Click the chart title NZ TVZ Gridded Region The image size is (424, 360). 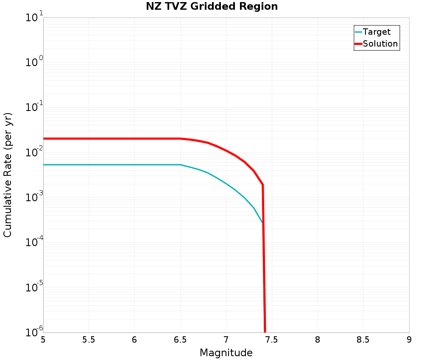click(212, 6)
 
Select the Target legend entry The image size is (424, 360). click(377, 32)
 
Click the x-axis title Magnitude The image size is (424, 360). click(226, 352)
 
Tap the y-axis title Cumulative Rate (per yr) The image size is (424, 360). click(8, 175)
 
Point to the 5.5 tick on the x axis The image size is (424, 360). click(89, 340)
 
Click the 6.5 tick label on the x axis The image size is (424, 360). click(180, 340)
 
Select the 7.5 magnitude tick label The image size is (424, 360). click(272, 340)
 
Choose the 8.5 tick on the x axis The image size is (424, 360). click(363, 340)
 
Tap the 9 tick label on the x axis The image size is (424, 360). click(409, 340)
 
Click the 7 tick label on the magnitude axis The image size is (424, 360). click(226, 340)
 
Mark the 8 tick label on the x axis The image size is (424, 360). click(318, 340)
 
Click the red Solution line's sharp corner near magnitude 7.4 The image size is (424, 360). click(262, 185)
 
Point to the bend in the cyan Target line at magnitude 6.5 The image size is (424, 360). click(180, 165)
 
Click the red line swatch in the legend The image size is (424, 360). click(358, 44)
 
